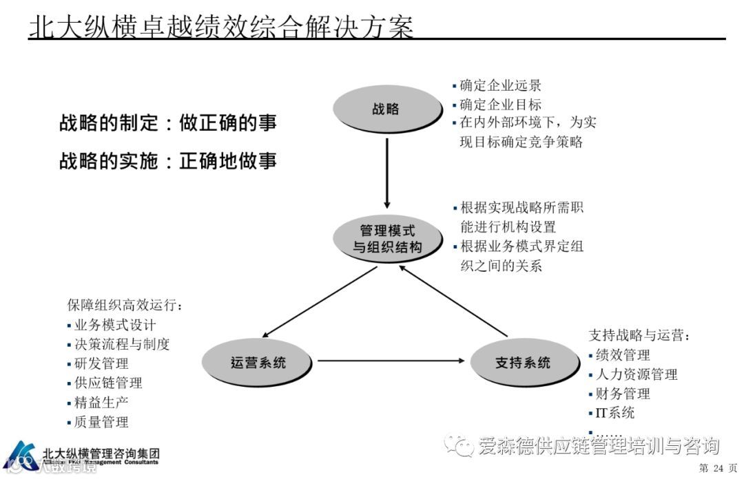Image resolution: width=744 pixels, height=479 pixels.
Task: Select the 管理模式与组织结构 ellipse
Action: pyautogui.click(x=387, y=239)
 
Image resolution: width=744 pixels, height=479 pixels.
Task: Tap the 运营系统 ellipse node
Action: pyautogui.click(x=258, y=361)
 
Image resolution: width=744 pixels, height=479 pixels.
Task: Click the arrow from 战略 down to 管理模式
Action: pyautogui.click(x=387, y=172)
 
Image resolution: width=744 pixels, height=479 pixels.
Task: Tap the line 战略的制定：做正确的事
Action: pyautogui.click(x=168, y=124)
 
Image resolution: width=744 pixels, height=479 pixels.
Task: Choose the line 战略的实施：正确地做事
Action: pyautogui.click(x=168, y=161)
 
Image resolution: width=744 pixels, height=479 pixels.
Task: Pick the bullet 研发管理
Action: pyautogui.click(x=101, y=363)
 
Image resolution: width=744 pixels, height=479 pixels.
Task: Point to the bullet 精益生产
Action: pyautogui.click(x=101, y=402)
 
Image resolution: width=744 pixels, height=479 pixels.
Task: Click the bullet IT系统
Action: pyautogui.click(x=614, y=413)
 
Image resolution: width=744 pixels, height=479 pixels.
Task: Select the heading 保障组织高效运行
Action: pyautogui.click(x=124, y=306)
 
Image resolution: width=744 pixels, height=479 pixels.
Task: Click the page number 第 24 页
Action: pyautogui.click(x=717, y=469)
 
